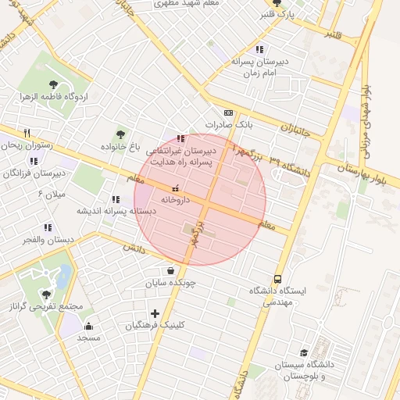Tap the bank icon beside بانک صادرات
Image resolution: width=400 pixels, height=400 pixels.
[228, 112]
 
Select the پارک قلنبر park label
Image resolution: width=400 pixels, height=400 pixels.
[279, 14]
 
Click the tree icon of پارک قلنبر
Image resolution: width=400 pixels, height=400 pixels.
[276, 2]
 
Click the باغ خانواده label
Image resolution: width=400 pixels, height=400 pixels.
[120, 147]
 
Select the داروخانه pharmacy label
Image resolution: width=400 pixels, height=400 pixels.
[175, 200]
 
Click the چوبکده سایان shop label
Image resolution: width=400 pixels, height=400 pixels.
[170, 284]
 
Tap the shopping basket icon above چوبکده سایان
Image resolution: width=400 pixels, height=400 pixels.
[170, 270]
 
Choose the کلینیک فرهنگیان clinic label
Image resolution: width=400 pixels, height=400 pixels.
[156, 325]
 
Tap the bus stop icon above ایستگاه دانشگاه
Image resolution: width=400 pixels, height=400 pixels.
[277, 278]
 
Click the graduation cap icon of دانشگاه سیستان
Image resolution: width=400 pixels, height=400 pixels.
[303, 352]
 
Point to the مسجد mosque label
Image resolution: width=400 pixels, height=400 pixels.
[88, 338]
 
